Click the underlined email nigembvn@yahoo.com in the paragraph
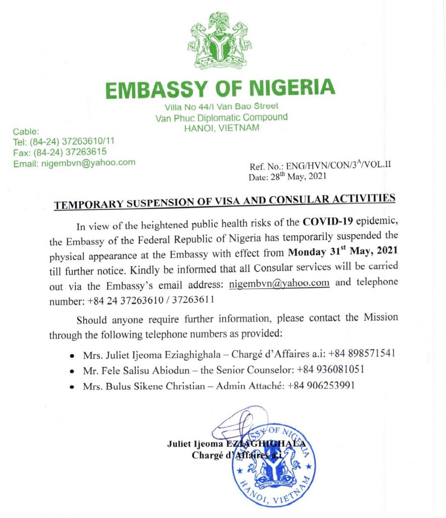(x=279, y=282)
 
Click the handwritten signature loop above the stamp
(x=233, y=430)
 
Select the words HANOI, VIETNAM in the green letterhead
(x=222, y=128)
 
